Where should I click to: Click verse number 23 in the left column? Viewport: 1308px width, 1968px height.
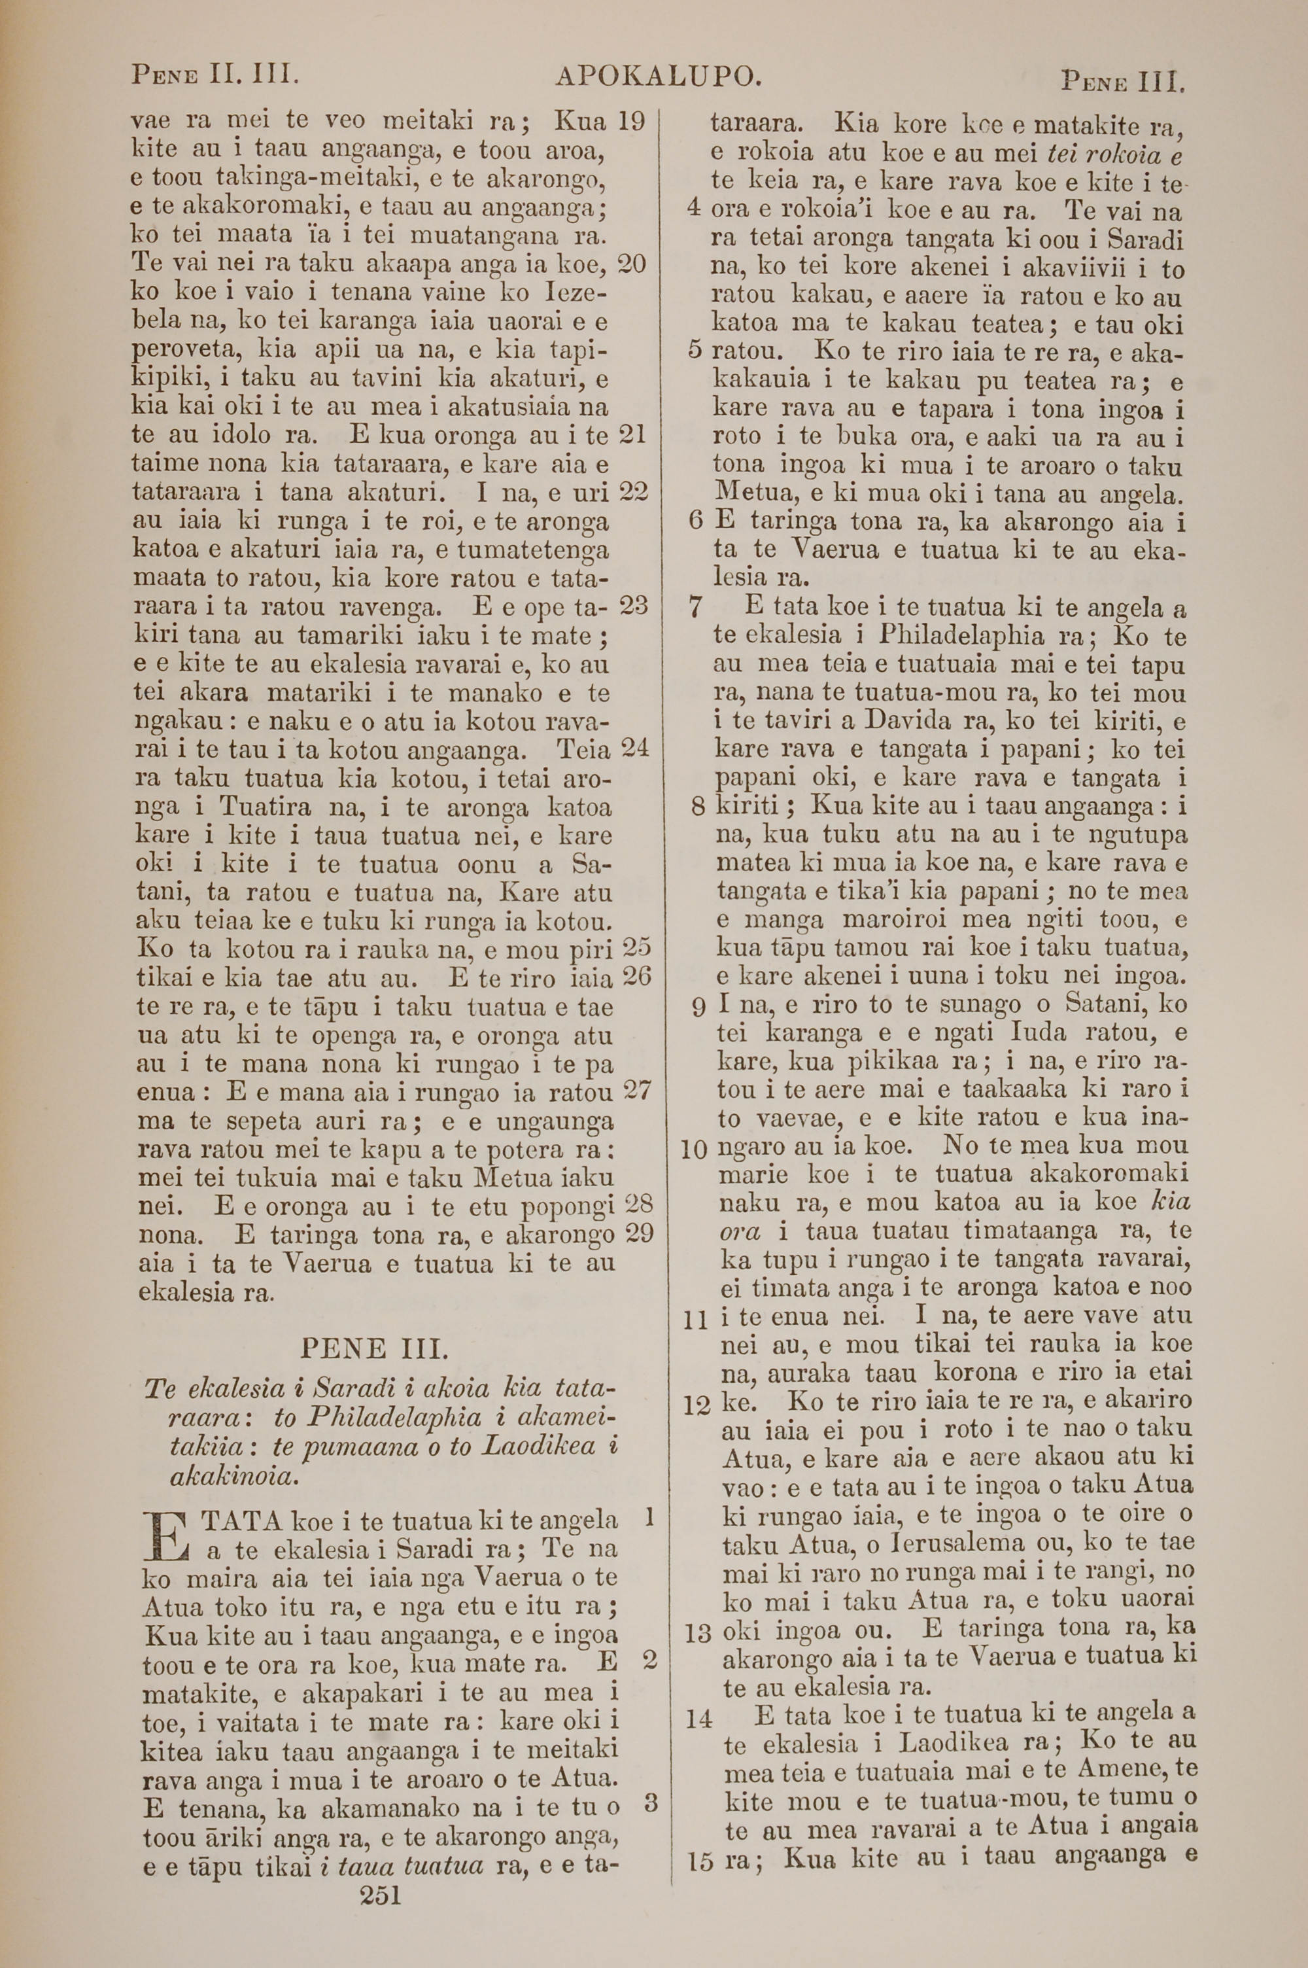(x=634, y=606)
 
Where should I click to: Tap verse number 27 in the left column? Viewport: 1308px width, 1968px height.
(x=637, y=1091)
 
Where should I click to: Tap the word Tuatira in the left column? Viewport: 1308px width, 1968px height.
(x=266, y=807)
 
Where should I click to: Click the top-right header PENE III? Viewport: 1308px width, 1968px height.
(x=1123, y=82)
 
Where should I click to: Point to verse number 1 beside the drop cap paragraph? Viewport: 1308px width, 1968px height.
(x=648, y=1516)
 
